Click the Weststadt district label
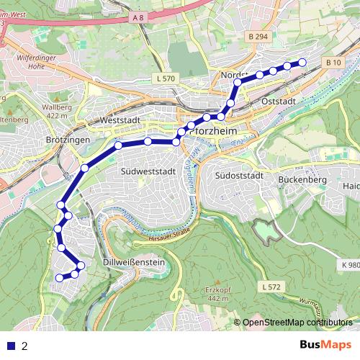tap(122, 120)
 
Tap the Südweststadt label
tap(149, 171)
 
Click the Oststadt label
tap(281, 102)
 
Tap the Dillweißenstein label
tap(135, 263)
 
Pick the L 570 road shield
tap(165, 78)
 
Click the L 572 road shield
tap(270, 287)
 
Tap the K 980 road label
tap(348, 264)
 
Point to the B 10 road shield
tap(333, 63)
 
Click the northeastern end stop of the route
tap(302, 63)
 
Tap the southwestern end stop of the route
tap(60, 278)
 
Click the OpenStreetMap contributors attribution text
tap(297, 322)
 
